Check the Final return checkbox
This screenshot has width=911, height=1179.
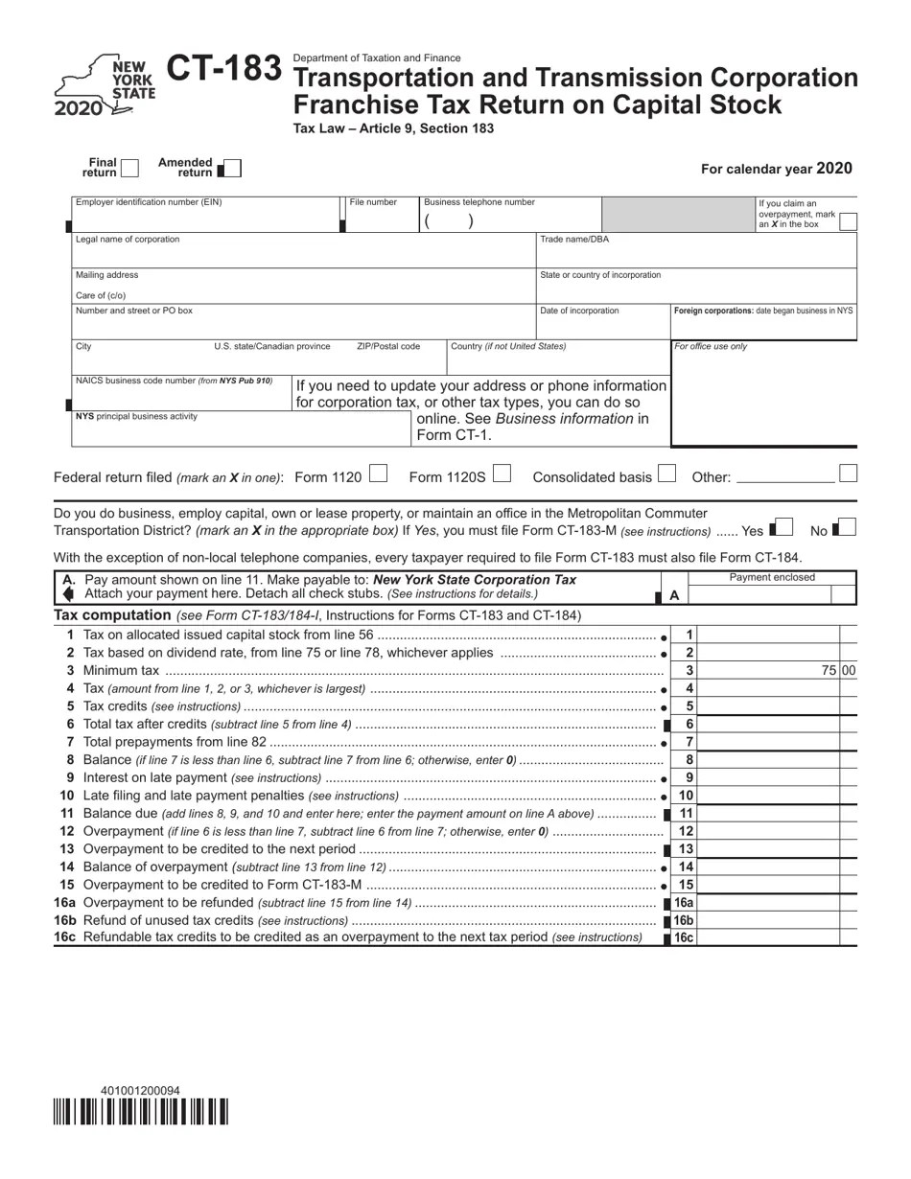[129, 169]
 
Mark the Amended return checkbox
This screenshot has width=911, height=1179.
[231, 169]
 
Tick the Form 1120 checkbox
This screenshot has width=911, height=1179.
[378, 474]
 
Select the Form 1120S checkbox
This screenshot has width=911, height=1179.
[502, 474]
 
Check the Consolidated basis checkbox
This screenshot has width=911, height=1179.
[667, 474]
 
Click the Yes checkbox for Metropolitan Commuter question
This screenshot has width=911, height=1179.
[783, 527]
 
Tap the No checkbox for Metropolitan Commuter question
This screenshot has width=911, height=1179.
[847, 527]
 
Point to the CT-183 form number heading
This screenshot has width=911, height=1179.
[224, 70]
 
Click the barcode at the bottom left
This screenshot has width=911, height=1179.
[140, 1112]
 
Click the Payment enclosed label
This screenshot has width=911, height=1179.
[772, 577]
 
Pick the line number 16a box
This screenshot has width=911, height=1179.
[683, 902]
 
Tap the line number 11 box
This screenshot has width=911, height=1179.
[686, 813]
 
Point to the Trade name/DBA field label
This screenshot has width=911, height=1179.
[573, 240]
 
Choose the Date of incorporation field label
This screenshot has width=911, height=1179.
[579, 311]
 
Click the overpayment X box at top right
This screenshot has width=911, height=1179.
[847, 221]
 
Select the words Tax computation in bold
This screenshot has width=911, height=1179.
[112, 615]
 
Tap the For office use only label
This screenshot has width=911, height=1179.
[711, 346]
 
